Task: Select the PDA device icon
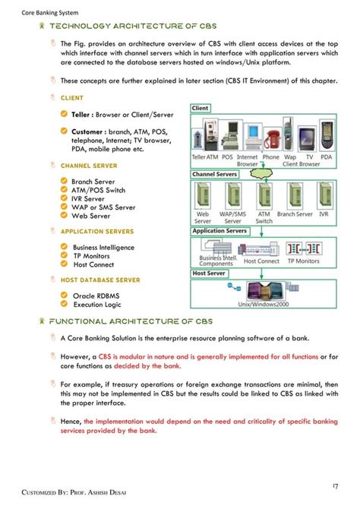[326, 139]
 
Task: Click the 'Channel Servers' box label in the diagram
[215, 174]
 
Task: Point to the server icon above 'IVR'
[324, 196]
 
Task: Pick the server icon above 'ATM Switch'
[264, 196]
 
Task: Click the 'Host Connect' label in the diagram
[261, 261]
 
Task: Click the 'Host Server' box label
[209, 273]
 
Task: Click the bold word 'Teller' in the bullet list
[83, 115]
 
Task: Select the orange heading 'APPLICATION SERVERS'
[97, 232]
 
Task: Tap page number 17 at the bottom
[335, 485]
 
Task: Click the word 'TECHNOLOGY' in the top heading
[81, 26]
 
